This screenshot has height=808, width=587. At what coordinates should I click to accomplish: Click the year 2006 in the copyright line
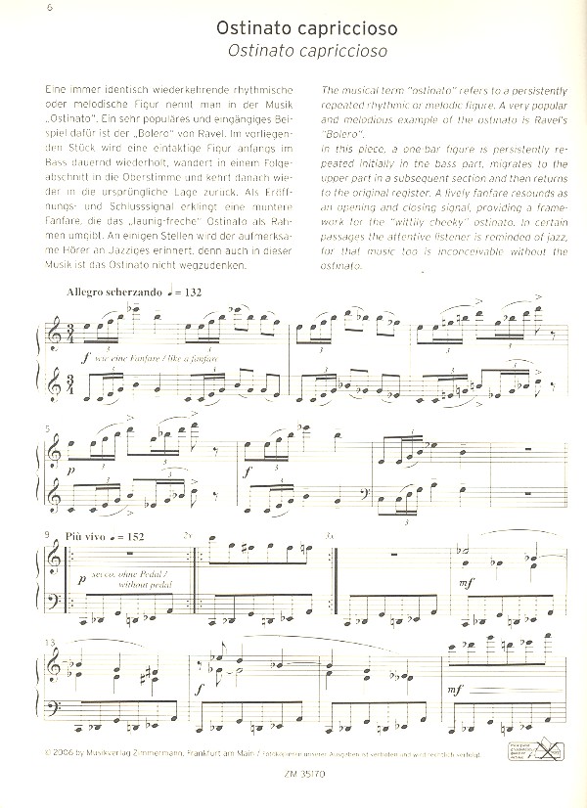64,754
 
